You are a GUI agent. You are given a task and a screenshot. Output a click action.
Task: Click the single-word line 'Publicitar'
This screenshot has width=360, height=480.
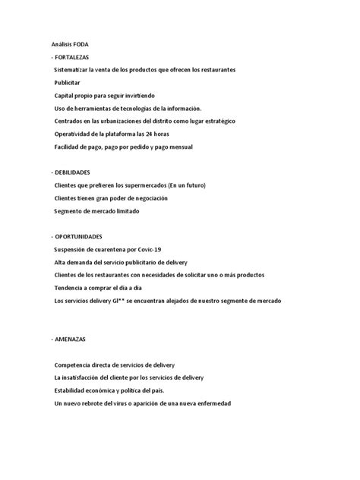pyautogui.click(x=69, y=82)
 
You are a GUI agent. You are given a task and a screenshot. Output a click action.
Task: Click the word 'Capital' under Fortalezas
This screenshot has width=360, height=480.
pyautogui.click(x=65, y=95)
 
